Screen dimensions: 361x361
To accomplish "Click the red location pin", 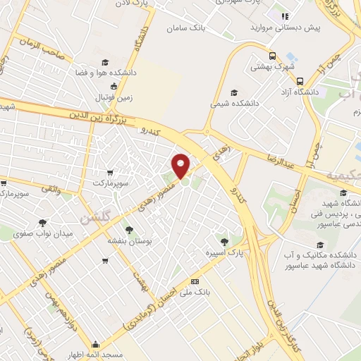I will point(181,166).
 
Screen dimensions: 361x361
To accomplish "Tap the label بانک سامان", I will point(187,28).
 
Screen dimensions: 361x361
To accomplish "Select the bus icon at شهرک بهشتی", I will point(273,56).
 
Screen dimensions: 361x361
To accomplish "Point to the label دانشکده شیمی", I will point(235,103).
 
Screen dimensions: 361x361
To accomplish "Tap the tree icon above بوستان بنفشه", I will point(129,229).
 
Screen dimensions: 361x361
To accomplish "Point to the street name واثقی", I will point(54,188).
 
